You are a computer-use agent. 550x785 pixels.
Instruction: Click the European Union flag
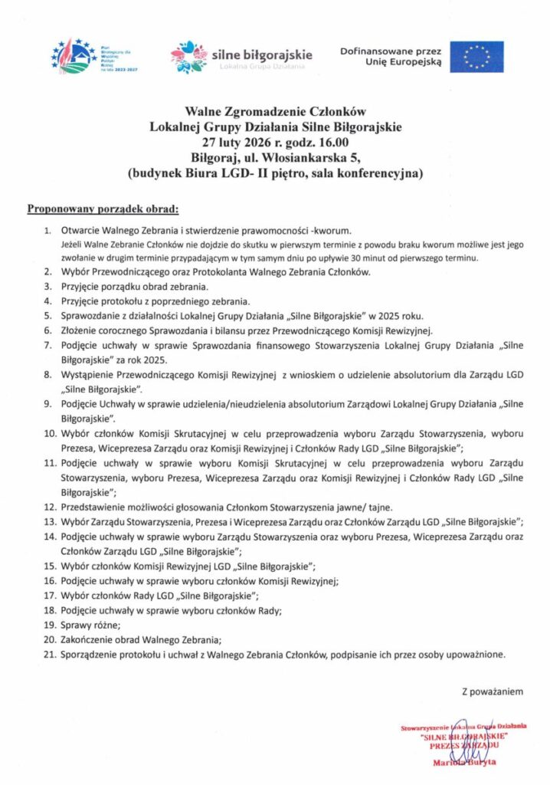tap(476, 57)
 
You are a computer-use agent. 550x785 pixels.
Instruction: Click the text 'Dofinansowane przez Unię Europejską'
tap(391, 56)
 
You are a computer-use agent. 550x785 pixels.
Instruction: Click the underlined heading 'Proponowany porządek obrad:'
tap(103, 208)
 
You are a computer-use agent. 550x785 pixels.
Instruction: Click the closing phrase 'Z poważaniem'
tap(492, 691)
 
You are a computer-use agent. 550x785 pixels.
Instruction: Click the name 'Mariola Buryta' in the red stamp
tap(464, 762)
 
